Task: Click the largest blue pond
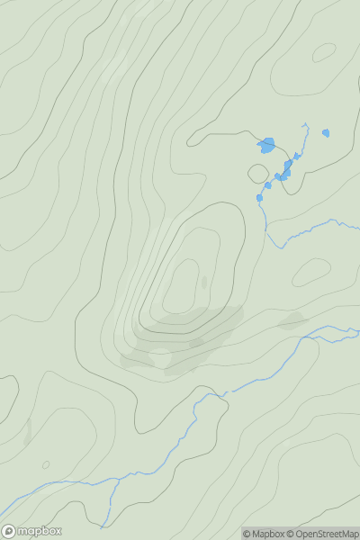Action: [266, 145]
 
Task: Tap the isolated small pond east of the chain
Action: [326, 133]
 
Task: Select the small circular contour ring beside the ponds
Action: [258, 173]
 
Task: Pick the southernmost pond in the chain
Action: [259, 198]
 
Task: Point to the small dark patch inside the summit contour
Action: [203, 283]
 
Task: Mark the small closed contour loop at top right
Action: [324, 52]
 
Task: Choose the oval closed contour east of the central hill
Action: [312, 272]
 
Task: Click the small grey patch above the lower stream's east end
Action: [292, 320]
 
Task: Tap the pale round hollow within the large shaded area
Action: [160, 357]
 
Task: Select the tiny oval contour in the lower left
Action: [46, 465]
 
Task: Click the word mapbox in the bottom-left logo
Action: [40, 531]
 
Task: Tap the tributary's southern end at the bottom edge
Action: [102, 526]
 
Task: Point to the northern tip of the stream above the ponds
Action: [307, 124]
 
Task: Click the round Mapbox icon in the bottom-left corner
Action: [9, 531]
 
